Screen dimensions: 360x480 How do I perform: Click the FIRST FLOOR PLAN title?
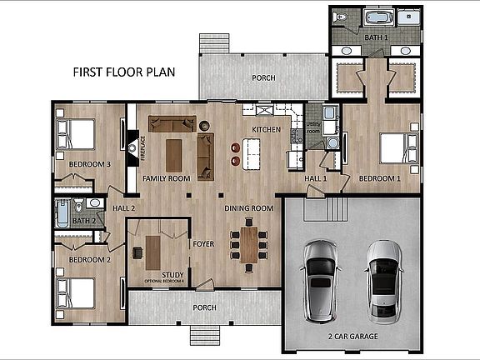point(123,72)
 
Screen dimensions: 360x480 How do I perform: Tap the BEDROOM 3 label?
point(90,164)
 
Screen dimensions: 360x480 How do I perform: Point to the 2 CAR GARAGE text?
point(353,337)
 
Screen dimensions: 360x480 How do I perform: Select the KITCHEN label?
point(266,129)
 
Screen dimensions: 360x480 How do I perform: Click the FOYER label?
point(204,245)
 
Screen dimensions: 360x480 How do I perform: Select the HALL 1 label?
point(314,178)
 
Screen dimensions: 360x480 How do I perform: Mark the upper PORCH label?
point(263,77)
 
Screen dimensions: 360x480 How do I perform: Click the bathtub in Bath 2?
point(62,216)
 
